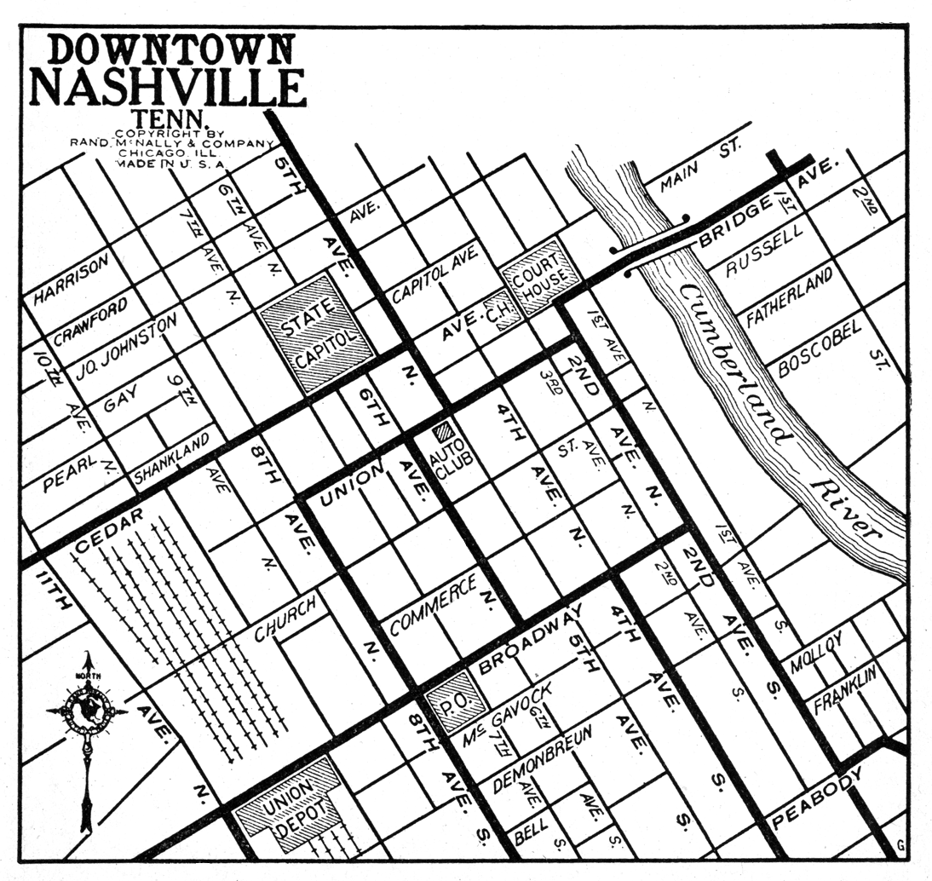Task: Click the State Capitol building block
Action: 318,333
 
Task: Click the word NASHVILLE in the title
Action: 167,88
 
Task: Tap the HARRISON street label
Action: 72,279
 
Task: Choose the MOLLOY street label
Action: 816,654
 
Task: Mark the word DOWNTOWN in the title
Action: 170,49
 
